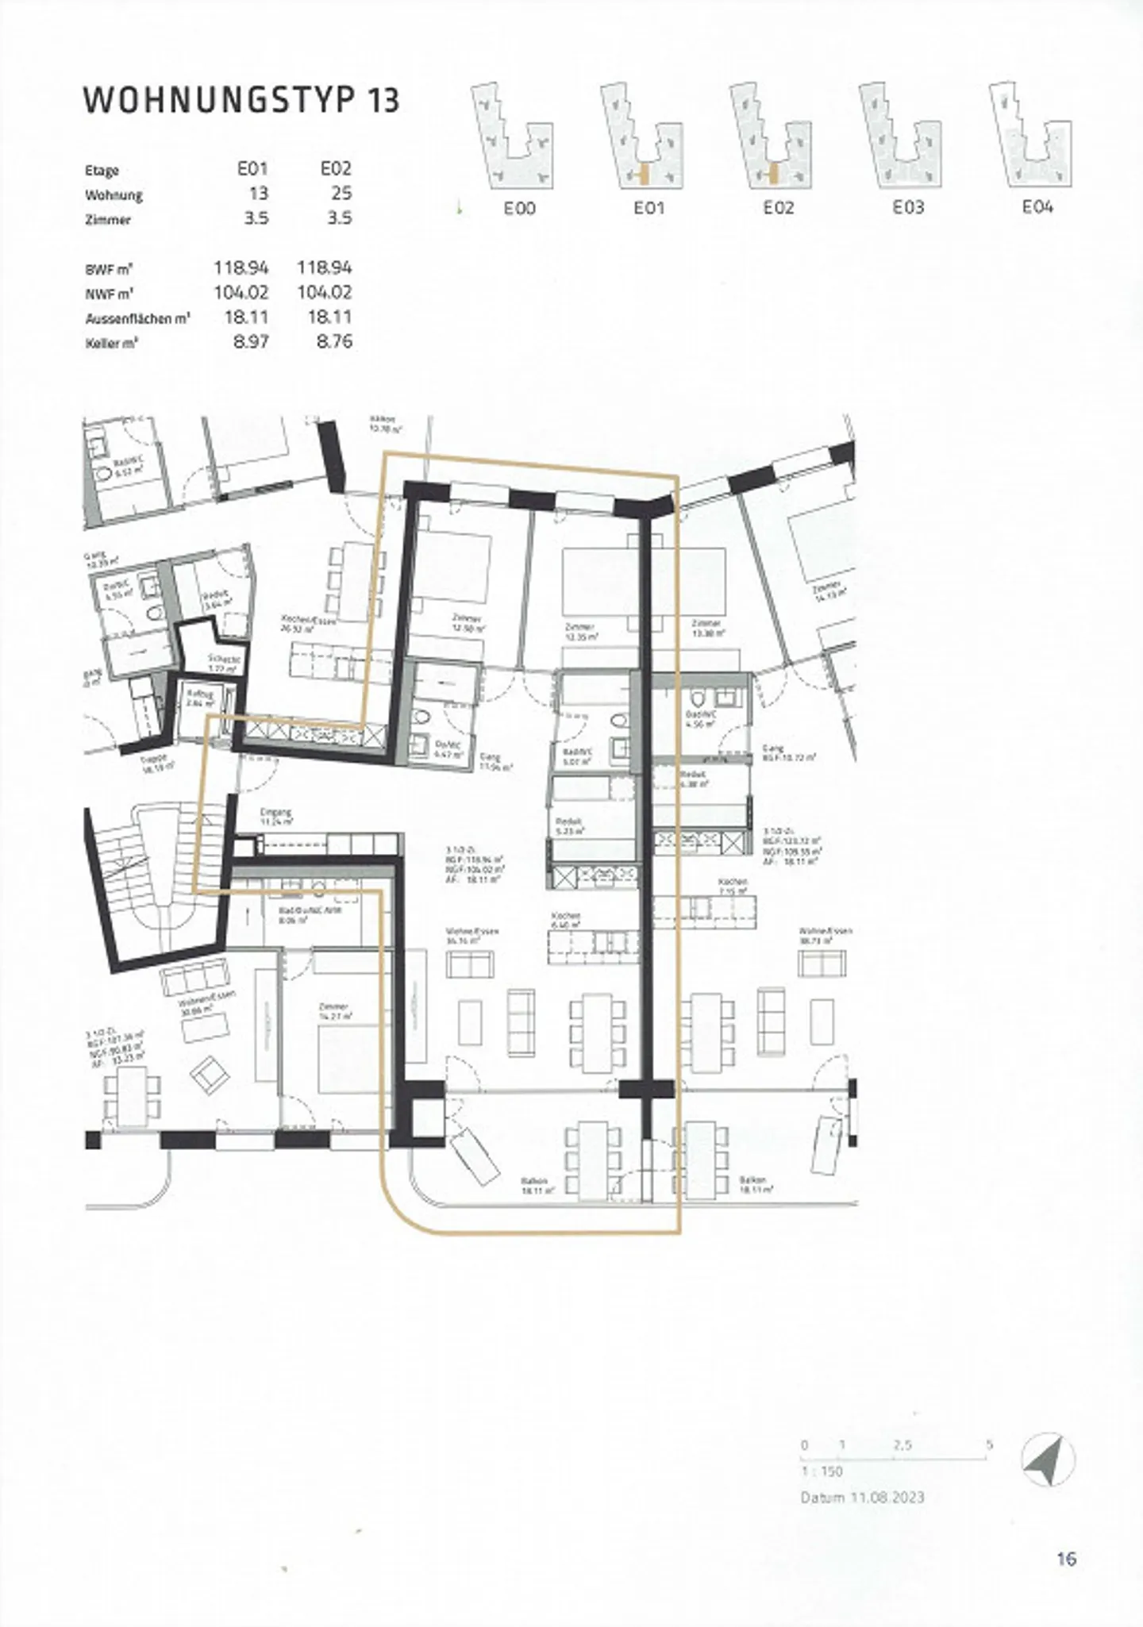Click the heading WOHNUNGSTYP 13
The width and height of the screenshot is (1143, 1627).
241,100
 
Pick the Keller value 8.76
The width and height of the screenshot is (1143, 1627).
334,342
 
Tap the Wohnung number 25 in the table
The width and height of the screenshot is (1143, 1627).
341,193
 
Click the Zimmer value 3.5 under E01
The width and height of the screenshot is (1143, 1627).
256,217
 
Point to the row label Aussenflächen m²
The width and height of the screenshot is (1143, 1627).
137,319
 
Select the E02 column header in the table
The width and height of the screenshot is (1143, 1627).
336,168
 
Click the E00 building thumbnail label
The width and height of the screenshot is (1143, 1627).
519,208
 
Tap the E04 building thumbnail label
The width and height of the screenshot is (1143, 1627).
1037,207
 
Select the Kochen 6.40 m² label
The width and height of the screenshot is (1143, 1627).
565,919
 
